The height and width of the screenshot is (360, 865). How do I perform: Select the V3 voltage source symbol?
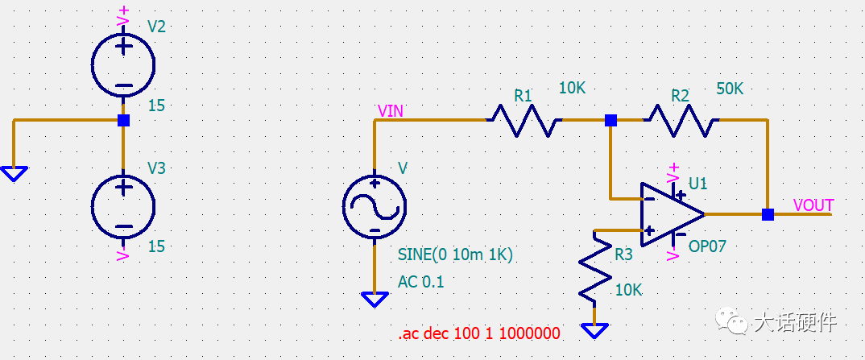(x=123, y=207)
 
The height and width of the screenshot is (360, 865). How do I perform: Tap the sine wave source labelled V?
(x=374, y=207)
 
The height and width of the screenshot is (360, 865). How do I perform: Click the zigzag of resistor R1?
(x=524, y=120)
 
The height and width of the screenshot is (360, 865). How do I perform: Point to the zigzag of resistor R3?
(x=594, y=267)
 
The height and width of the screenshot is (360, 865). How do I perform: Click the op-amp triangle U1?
(x=673, y=214)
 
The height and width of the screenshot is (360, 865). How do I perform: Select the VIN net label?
(x=390, y=111)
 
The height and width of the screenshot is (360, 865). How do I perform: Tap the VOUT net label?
(x=813, y=205)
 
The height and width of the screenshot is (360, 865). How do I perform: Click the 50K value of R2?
(x=730, y=89)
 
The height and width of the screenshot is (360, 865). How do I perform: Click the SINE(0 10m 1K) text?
(x=455, y=254)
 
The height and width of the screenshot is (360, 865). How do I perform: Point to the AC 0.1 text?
(x=420, y=282)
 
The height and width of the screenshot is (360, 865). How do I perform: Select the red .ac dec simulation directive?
(x=479, y=333)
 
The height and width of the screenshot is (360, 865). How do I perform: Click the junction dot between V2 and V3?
(x=123, y=120)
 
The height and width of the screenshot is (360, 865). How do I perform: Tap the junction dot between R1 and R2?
(x=610, y=120)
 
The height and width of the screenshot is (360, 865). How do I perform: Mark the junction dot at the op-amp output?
(x=768, y=214)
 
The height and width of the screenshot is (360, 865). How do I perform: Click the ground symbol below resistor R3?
(x=594, y=331)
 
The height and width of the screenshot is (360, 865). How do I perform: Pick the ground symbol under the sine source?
(x=374, y=300)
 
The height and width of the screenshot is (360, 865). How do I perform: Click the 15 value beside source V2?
(x=157, y=106)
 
